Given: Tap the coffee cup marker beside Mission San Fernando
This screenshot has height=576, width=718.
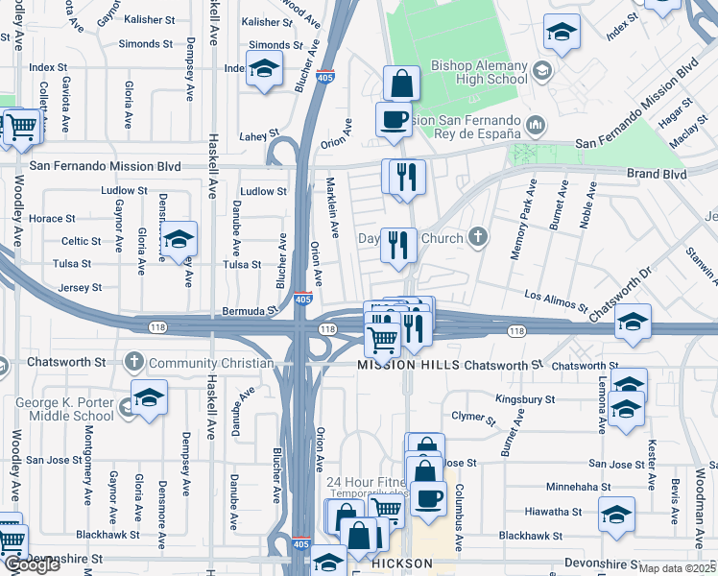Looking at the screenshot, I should click(x=394, y=119).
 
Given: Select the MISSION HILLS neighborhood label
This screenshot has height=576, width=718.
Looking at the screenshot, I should click(x=407, y=366).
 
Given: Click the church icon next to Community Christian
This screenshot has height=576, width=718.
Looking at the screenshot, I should click(x=134, y=363).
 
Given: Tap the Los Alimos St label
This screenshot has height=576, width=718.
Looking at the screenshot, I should click(x=556, y=300).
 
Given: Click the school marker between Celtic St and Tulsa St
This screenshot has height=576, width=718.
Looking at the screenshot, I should click(x=179, y=241).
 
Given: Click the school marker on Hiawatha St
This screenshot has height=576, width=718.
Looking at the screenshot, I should click(x=617, y=516).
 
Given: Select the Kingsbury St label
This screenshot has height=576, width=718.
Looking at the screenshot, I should click(x=525, y=398).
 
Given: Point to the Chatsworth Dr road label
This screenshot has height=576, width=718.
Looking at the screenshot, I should click(x=620, y=295).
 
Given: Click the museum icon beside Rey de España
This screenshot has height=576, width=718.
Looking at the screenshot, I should click(x=536, y=123).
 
